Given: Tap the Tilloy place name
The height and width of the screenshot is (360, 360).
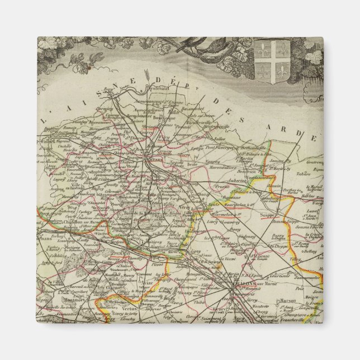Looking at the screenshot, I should (295, 259).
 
